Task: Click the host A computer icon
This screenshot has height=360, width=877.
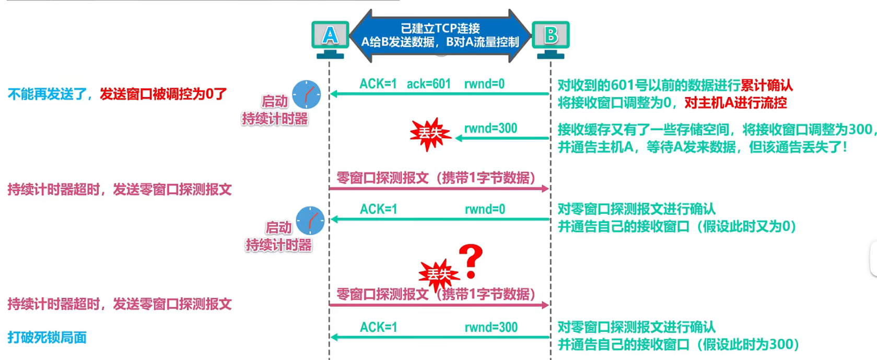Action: pos(330,38)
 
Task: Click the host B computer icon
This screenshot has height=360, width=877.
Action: pos(551,38)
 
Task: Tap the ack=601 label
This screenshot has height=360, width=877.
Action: pos(428,84)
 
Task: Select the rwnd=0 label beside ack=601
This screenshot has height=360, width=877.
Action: pos(484,84)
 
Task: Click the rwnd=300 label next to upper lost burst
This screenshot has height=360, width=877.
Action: pos(490,129)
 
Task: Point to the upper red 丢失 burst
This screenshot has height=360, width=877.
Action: pos(430,134)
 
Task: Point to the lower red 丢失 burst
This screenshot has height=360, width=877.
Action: pos(438,274)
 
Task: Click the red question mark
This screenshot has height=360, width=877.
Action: pos(471,261)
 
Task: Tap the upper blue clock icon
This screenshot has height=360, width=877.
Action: pos(306,95)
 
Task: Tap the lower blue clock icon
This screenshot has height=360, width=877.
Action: pos(310,220)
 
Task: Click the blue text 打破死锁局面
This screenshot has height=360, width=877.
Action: pos(47,338)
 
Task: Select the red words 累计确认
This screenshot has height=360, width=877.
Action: pos(766,85)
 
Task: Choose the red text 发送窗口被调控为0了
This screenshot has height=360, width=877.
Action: pos(163,94)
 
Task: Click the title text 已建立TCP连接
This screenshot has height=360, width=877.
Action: pos(440,28)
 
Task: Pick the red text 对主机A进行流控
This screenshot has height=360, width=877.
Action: pos(735,102)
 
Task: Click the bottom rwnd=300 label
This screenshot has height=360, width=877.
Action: pos(491,328)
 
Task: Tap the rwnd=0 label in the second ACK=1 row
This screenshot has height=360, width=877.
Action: pos(485,210)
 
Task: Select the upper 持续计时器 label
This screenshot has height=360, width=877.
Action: pos(275,119)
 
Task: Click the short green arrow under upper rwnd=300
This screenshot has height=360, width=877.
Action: pos(501,138)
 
